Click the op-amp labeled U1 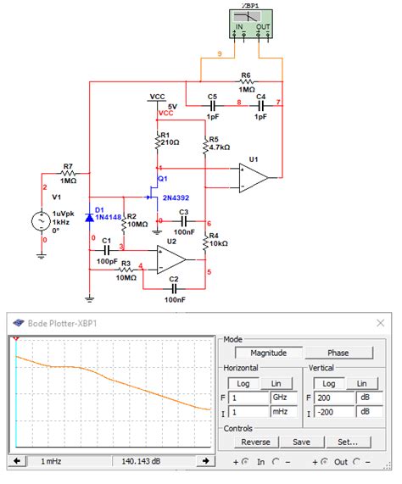(x=254, y=175)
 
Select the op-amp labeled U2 (x=172, y=253)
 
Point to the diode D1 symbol (x=90, y=218)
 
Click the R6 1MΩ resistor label (x=246, y=82)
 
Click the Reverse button (x=255, y=442)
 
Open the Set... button (x=348, y=442)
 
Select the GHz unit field (x=280, y=397)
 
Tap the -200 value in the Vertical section (x=334, y=412)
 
